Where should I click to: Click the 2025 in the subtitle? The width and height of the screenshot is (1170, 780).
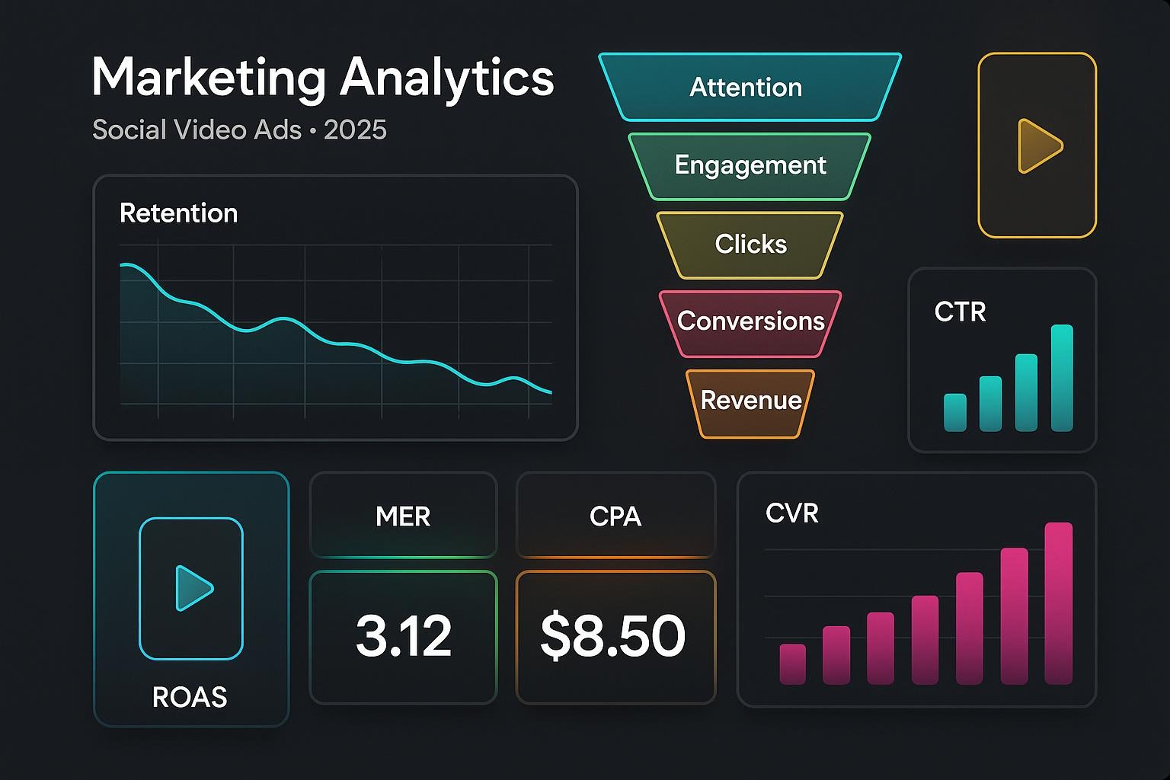(355, 130)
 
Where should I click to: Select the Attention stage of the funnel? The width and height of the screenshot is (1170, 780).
(746, 88)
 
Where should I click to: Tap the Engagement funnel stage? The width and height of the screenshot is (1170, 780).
(750, 165)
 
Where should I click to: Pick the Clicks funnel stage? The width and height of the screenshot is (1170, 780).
(750, 245)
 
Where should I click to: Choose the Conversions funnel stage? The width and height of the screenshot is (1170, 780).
(750, 321)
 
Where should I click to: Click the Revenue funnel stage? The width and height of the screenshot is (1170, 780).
(750, 401)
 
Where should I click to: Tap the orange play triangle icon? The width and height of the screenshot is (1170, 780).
(1037, 145)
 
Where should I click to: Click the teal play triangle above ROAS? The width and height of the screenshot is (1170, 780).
(193, 588)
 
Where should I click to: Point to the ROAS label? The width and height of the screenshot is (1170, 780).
(190, 697)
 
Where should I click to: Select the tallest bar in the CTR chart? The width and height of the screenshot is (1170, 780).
(1062, 378)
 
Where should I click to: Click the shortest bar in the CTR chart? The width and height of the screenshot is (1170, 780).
(955, 412)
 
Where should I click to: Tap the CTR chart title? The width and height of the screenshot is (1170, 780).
(960, 312)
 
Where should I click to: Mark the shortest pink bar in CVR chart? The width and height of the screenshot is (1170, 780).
(792, 663)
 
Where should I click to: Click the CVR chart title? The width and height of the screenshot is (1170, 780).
(791, 513)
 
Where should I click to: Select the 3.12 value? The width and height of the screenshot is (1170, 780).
(404, 637)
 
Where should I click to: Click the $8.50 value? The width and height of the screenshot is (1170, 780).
(613, 637)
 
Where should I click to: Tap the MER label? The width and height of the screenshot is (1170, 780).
(403, 517)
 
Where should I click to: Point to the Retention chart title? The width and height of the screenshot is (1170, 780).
(178, 213)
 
